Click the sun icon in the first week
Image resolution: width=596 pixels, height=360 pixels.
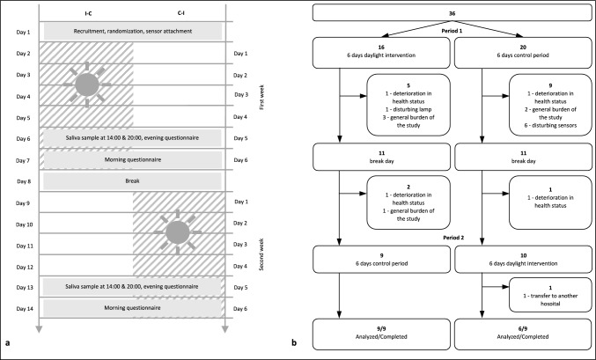point(86,84)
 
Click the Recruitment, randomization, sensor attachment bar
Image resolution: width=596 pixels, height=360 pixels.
point(131,31)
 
